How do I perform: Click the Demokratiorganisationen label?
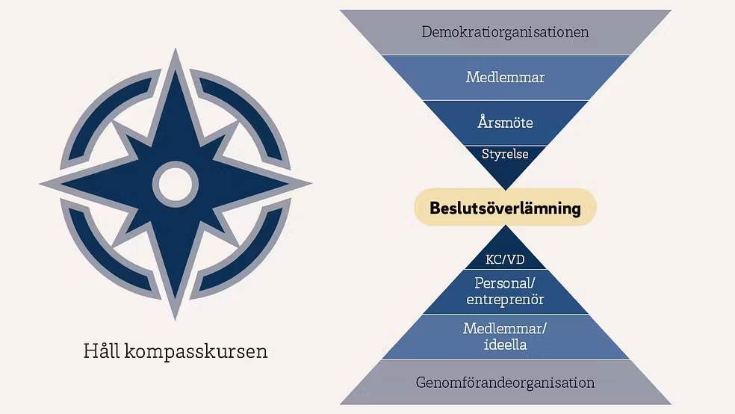coord(505,32)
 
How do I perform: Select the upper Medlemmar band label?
coord(505,77)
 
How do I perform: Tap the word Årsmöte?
coord(505,122)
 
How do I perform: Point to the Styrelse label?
coord(505,154)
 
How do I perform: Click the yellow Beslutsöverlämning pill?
coord(505,207)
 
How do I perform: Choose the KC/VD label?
coord(505,259)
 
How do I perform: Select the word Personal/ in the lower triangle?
coord(505,282)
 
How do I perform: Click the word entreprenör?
coord(505,299)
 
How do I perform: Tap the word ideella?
coord(505,345)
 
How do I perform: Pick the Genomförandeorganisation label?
coord(505,383)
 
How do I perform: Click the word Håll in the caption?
coord(102,350)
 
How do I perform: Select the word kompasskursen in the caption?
coord(196,352)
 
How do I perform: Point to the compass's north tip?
coord(176,49)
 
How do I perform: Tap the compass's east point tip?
coord(311,184)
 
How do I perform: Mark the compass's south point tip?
coord(176,321)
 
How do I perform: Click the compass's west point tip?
coord(40,184)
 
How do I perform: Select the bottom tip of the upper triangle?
coord(505,191)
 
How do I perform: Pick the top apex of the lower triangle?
coord(505,225)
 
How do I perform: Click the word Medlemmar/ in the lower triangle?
coord(505,328)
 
